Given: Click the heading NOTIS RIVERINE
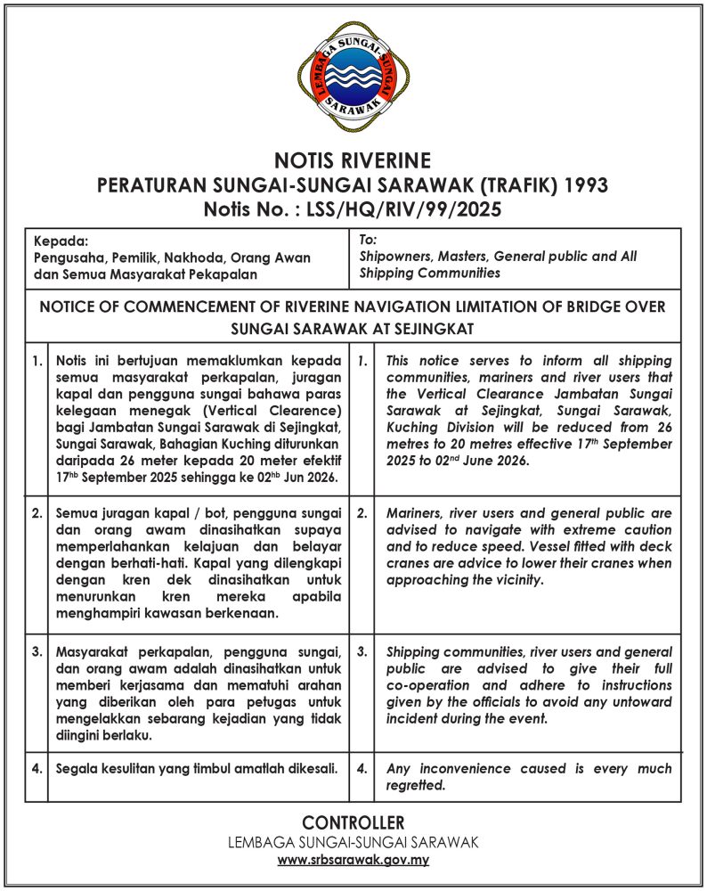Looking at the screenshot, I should (x=353, y=161).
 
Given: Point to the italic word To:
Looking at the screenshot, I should (x=369, y=240).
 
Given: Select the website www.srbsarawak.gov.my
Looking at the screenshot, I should (x=353, y=861).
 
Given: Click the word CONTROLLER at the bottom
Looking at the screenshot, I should (x=353, y=822).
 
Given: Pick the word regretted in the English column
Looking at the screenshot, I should (x=416, y=786).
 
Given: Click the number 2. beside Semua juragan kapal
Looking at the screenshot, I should (x=37, y=514).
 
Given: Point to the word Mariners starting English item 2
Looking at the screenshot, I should (x=417, y=514).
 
